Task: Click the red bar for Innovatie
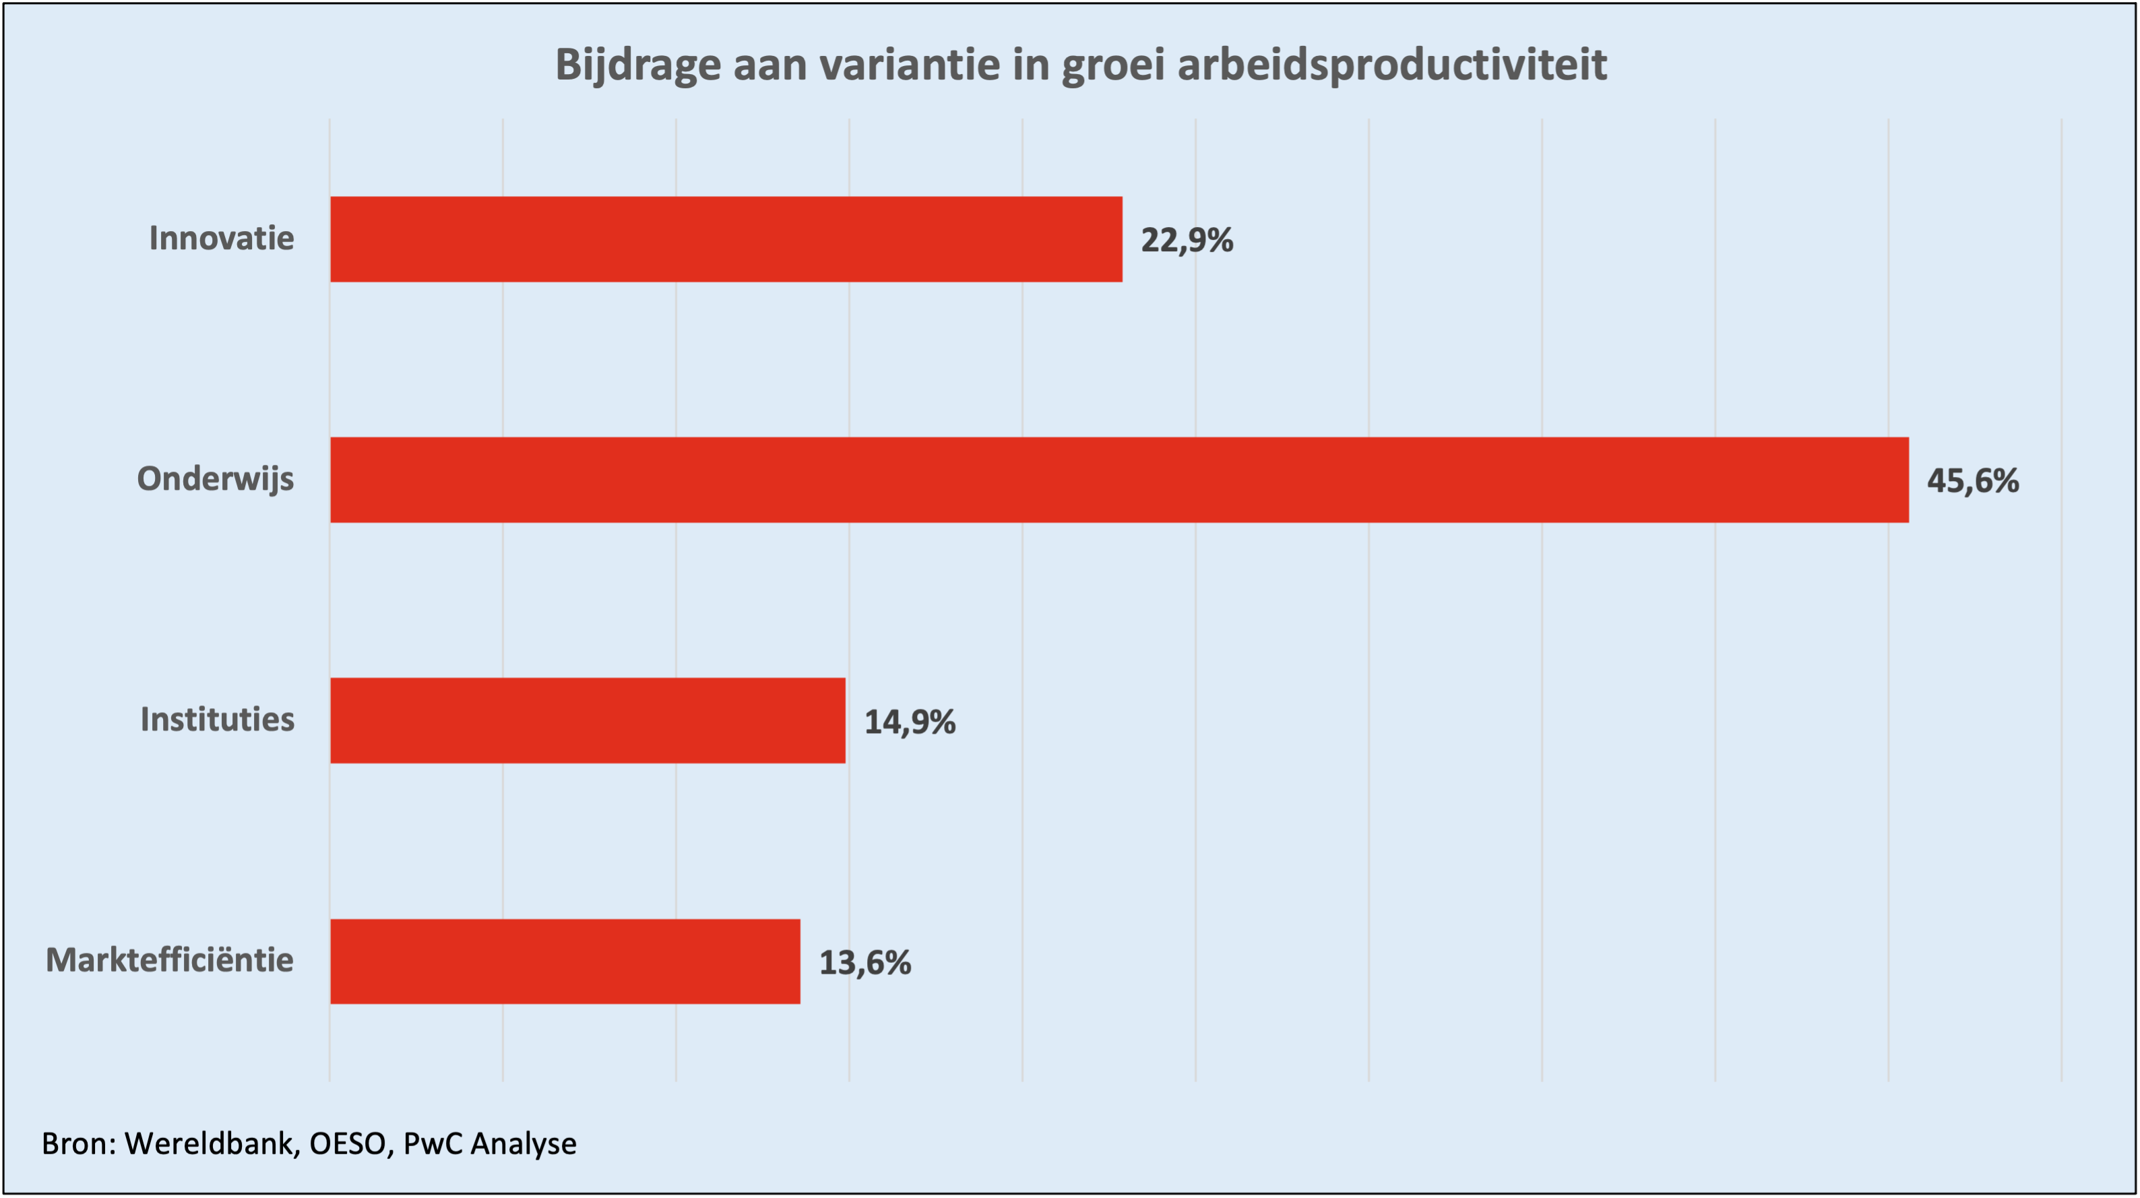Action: (x=726, y=239)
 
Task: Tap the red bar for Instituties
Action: (x=588, y=720)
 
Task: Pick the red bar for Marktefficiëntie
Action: (x=565, y=961)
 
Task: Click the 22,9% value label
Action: (x=1187, y=240)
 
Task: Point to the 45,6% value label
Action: (x=1972, y=481)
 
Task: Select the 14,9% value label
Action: (x=910, y=722)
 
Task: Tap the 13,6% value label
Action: (x=864, y=963)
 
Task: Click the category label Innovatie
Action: (x=221, y=239)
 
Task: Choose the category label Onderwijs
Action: (x=215, y=479)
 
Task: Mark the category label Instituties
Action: (x=217, y=720)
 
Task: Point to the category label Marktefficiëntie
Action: (x=170, y=960)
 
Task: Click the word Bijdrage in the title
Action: (x=637, y=65)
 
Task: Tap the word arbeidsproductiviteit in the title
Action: (x=1391, y=65)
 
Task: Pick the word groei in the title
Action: (x=1113, y=65)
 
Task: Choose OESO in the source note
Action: (x=347, y=1144)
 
